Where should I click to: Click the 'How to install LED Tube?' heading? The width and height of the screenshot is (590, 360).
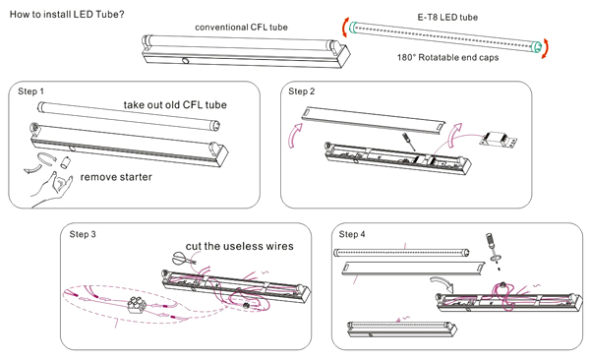(x=67, y=15)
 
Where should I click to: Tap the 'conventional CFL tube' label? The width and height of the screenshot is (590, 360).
(x=241, y=28)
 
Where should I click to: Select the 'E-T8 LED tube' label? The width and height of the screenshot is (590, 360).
(x=447, y=18)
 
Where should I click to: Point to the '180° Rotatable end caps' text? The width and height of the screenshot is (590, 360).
(x=447, y=58)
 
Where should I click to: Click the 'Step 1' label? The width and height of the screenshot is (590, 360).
(x=30, y=91)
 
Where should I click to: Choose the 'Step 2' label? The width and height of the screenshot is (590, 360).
(x=302, y=91)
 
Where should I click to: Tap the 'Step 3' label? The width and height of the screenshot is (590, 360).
(x=83, y=234)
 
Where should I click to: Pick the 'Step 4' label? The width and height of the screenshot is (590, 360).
(x=352, y=234)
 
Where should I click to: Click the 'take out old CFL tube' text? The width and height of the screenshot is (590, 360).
(x=175, y=104)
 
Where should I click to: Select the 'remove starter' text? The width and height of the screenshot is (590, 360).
(x=116, y=177)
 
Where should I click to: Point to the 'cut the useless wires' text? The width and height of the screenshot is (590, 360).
(x=239, y=246)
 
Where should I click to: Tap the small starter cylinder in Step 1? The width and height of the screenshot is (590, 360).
(x=66, y=162)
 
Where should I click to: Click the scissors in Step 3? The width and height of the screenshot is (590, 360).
(x=184, y=259)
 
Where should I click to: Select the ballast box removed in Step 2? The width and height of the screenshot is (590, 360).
(x=498, y=140)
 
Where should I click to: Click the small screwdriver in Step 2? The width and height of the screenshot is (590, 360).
(x=409, y=142)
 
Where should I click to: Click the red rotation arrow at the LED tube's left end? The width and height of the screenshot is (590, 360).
(x=345, y=28)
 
